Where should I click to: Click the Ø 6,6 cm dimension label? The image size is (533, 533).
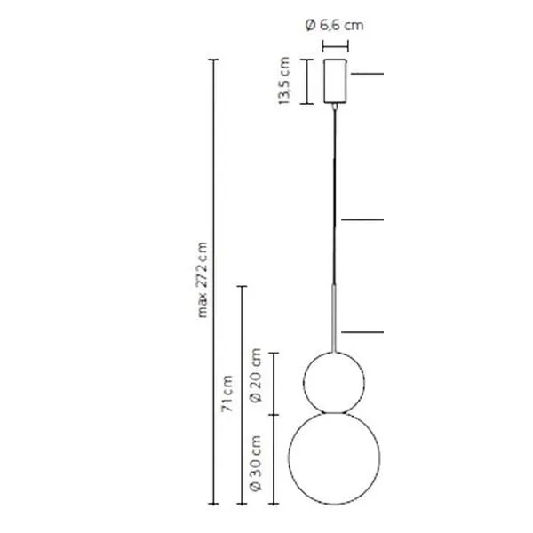(335, 25)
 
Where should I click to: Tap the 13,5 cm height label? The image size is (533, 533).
(284, 81)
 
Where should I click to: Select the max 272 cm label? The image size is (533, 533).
(203, 280)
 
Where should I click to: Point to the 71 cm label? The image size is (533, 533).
(227, 394)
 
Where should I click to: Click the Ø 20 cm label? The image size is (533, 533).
(256, 375)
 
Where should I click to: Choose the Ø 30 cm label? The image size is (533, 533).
(256, 463)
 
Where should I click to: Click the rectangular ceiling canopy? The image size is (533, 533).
(335, 81)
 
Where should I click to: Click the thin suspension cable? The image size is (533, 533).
(335, 196)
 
